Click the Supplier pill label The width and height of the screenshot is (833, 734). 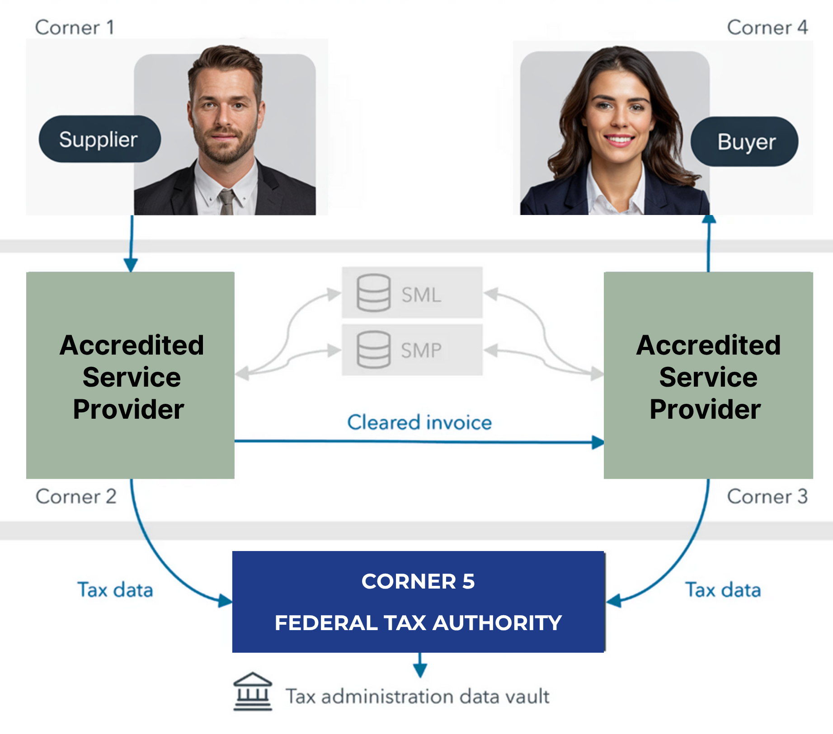(x=99, y=139)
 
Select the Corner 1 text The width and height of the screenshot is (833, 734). (x=75, y=28)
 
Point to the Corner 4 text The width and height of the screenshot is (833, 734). (x=767, y=28)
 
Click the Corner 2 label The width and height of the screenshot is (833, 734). (x=76, y=496)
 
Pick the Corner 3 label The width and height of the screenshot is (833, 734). (x=767, y=496)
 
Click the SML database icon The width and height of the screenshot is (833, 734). (x=373, y=293)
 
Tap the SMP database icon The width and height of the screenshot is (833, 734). (x=373, y=350)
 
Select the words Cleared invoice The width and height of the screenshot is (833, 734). (x=419, y=422)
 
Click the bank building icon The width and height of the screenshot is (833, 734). (x=253, y=692)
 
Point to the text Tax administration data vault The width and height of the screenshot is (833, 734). (x=418, y=697)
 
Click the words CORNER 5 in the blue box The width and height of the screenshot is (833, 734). (x=418, y=581)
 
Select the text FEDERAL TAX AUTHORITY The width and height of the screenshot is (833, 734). (x=418, y=623)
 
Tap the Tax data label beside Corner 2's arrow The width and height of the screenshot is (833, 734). (x=115, y=590)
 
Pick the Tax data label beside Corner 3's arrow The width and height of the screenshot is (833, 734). (x=723, y=590)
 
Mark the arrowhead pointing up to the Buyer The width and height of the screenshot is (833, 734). (x=709, y=219)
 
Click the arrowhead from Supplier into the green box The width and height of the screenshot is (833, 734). (x=131, y=265)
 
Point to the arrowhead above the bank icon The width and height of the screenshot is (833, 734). (x=420, y=671)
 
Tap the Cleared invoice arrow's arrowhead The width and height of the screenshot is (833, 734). (x=598, y=442)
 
